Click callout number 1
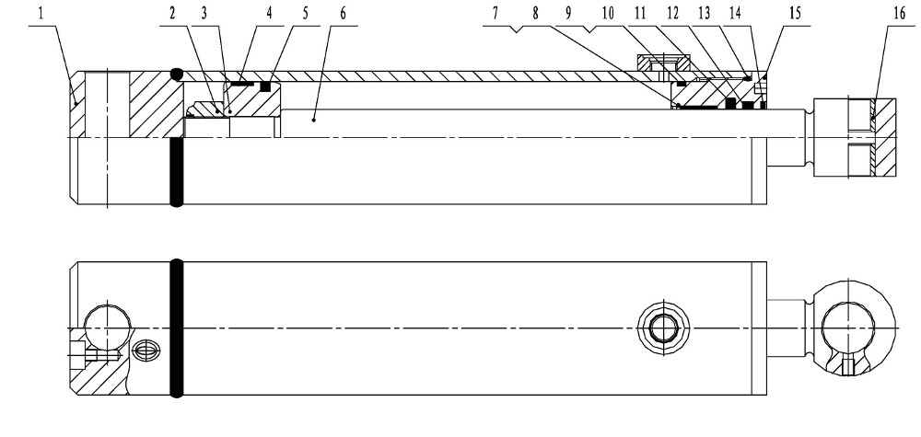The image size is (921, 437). tap(41, 14)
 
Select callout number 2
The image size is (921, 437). tap(172, 14)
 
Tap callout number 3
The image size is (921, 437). tap(204, 14)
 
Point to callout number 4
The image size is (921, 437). tap(269, 14)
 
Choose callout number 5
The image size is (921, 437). tap(306, 14)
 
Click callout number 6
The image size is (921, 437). tap(343, 14)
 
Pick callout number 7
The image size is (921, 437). tap(495, 14)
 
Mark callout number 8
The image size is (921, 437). tap(535, 14)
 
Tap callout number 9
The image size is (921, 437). tap(568, 14)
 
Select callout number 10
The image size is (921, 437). tap(608, 14)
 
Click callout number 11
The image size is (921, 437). tap(640, 14)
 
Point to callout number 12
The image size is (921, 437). tap(672, 14)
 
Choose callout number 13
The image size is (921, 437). tap(705, 14)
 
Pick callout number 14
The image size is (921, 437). tap(735, 14)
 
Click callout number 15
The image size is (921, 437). tap(795, 14)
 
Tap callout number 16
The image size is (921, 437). tap(899, 14)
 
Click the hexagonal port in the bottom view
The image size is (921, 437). tap(664, 328)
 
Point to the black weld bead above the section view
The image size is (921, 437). tap(177, 75)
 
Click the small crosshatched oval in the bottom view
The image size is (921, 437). tap(145, 351)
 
